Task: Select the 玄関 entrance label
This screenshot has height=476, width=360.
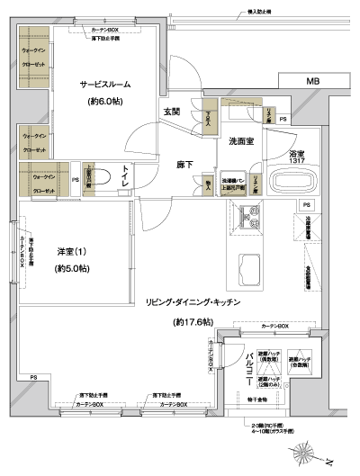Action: pyautogui.click(x=172, y=112)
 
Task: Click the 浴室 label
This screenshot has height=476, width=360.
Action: pyautogui.click(x=299, y=154)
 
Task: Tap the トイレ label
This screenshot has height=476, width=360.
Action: pyautogui.click(x=125, y=176)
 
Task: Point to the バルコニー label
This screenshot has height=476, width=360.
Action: pyautogui.click(x=249, y=368)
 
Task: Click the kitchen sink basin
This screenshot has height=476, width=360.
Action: pyautogui.click(x=247, y=265)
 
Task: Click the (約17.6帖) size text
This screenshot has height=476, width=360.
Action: pyautogui.click(x=193, y=321)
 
